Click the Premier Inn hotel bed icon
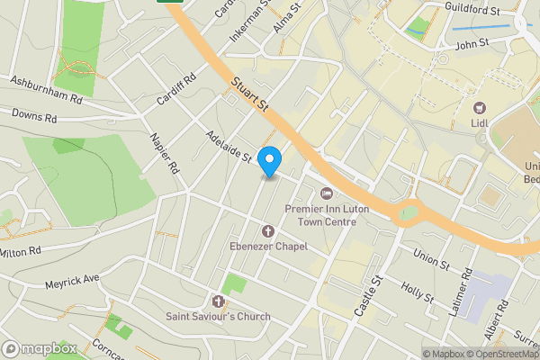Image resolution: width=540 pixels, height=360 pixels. (327, 193)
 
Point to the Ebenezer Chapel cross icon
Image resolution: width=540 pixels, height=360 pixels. (267, 231)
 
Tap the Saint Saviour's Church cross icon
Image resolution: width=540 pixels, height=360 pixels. (218, 301)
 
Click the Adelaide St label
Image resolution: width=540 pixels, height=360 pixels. (228, 145)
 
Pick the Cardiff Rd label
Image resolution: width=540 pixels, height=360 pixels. (176, 89)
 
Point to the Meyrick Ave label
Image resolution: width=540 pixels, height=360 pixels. (72, 283)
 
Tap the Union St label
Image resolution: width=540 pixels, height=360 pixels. (430, 259)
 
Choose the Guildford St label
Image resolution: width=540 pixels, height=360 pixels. (472, 9)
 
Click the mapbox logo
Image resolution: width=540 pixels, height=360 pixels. (40, 348)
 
